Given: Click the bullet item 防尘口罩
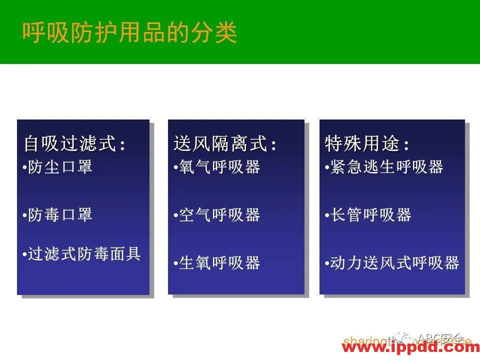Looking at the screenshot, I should pos(60,167).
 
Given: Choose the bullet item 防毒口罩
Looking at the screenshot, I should pos(60,215).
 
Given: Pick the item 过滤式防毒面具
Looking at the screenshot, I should pos(84,254).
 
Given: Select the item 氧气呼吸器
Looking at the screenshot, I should pos(219,167).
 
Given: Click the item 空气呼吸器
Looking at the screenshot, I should pos(219,215).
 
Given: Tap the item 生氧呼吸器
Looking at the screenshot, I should pos(219,263).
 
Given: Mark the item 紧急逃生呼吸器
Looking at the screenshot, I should pos(386,167).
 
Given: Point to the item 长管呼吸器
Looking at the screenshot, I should pos(370,215).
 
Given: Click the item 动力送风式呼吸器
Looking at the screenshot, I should pos(394,263).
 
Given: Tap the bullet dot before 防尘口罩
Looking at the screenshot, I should pos(24,168).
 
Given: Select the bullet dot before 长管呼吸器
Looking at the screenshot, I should pos(326,216).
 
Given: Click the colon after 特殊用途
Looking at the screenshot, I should pos(406,146).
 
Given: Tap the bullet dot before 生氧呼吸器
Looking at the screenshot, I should pos(175,264).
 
